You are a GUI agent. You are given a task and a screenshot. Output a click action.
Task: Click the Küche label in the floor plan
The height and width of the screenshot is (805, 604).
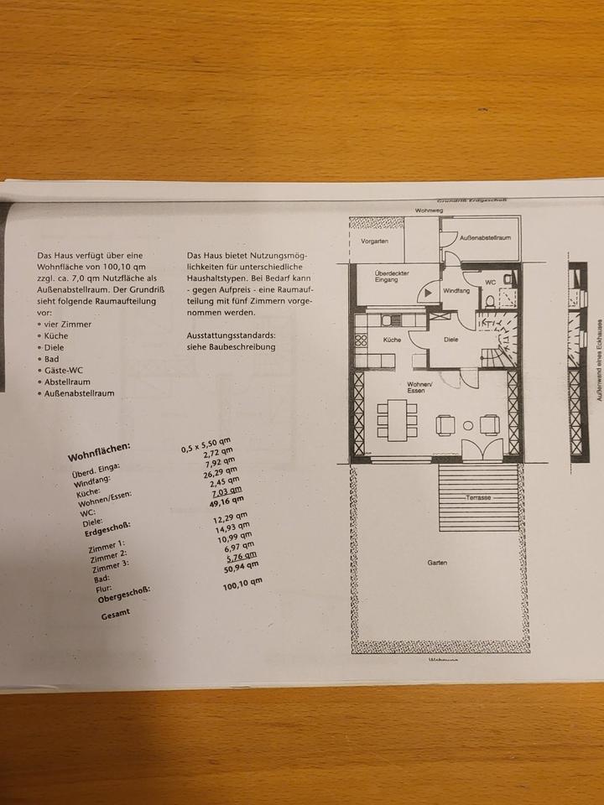pos(392,340)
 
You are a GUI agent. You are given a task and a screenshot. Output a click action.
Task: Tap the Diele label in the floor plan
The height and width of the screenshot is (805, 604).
pos(450,340)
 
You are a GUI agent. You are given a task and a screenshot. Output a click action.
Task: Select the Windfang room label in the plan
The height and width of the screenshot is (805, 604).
pos(456,290)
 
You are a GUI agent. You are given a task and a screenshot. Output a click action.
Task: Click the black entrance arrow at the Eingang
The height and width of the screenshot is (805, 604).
pos(427,293)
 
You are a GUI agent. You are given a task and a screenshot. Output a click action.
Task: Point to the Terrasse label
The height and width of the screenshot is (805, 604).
pos(479,497)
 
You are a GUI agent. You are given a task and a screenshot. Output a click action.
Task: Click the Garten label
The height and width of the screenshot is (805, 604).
pos(435,563)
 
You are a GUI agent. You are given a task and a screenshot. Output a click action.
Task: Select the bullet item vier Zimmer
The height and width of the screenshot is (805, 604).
pos(68,323)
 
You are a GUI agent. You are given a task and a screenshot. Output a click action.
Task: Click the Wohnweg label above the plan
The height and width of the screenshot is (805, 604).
pos(428,210)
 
